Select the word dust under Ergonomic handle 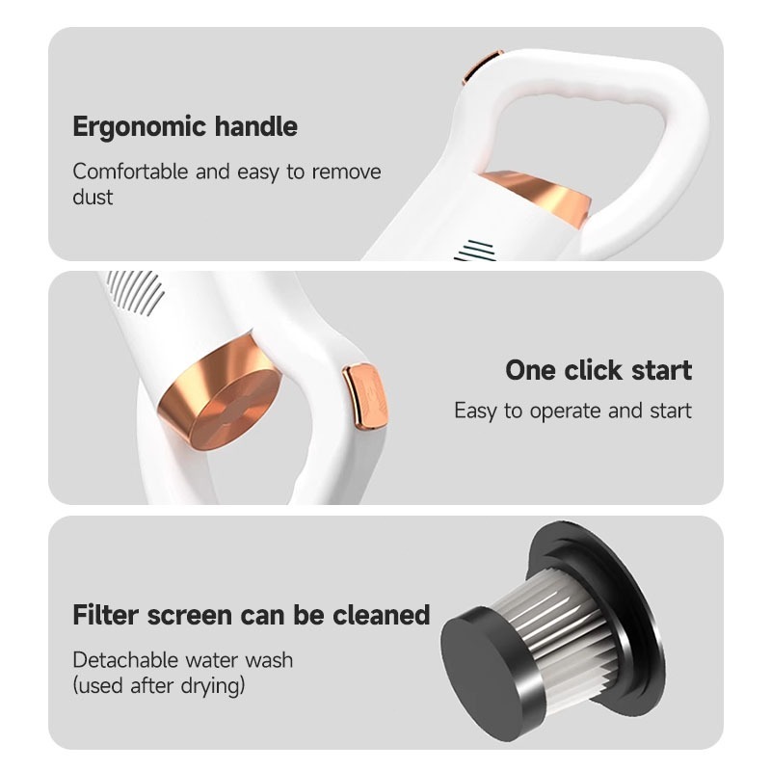[x=93, y=198]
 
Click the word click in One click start [x=598, y=370]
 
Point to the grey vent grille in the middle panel [x=135, y=293]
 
